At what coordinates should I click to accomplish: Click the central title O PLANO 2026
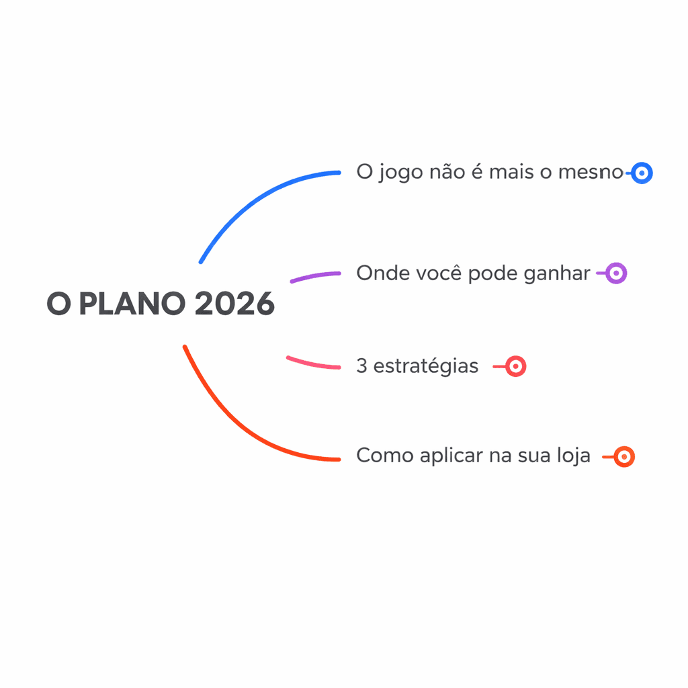[161, 304]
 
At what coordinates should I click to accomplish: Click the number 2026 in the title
[234, 304]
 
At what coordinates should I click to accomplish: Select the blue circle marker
[642, 173]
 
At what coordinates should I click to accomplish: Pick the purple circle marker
[616, 273]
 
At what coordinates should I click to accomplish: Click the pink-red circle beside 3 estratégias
[515, 366]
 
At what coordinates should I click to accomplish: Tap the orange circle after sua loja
[624, 457]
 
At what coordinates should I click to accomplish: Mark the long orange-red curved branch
[242, 430]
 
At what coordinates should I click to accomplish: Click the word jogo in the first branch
[400, 173]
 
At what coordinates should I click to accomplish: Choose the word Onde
[378, 273]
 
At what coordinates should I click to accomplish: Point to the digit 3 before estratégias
[361, 366]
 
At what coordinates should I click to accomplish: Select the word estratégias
[426, 366]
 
